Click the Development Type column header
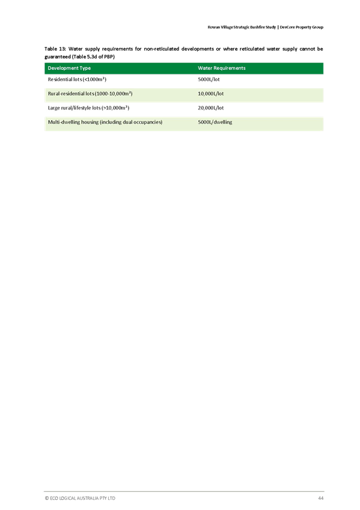(69, 69)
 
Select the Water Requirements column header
(222, 69)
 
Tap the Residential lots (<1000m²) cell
(77, 79)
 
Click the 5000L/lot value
(209, 79)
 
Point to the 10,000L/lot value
(210, 94)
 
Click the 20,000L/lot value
(210, 108)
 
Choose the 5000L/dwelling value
(215, 122)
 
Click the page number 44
(321, 498)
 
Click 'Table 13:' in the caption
(55, 49)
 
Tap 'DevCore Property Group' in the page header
(302, 27)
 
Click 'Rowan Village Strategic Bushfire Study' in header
(242, 27)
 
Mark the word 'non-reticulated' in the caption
(162, 49)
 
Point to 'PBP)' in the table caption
(109, 57)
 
